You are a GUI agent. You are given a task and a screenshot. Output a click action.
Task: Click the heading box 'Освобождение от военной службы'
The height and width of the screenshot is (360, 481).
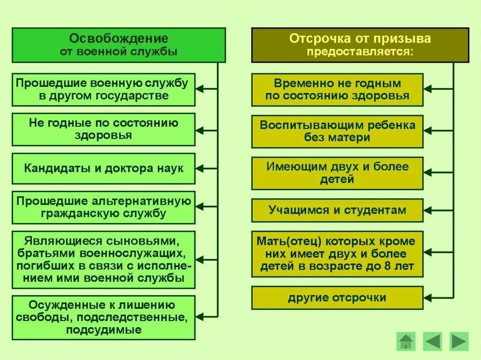(x=118, y=45)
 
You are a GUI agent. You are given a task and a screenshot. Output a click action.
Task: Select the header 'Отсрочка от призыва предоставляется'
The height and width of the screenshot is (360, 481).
(x=360, y=45)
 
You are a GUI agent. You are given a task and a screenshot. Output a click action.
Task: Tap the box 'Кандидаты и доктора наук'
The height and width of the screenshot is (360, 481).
(x=103, y=168)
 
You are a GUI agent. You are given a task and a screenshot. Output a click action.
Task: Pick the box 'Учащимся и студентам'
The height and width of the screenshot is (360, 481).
(x=337, y=210)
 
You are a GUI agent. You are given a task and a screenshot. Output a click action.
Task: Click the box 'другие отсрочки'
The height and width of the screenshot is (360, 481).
(x=337, y=298)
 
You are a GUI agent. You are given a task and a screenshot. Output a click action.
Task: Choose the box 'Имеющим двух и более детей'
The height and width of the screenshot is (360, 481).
(x=337, y=173)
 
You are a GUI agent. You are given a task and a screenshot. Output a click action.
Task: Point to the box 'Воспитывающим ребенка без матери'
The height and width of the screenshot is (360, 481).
(x=337, y=131)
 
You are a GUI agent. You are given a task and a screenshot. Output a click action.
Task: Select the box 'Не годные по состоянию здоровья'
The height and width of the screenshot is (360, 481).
(x=103, y=129)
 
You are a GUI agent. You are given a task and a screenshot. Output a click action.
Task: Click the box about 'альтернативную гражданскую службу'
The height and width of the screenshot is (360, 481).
(x=103, y=207)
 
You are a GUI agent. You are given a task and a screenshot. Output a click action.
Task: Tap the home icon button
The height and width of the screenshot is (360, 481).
(x=405, y=341)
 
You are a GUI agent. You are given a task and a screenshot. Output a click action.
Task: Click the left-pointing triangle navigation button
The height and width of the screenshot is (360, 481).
(x=432, y=341)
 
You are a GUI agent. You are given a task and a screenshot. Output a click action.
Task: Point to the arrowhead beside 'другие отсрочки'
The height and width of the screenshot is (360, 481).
(x=428, y=298)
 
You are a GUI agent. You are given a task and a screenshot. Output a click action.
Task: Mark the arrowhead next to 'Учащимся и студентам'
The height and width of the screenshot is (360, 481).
(x=428, y=210)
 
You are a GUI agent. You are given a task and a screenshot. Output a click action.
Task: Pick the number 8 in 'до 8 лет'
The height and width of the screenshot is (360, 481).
(x=388, y=266)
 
